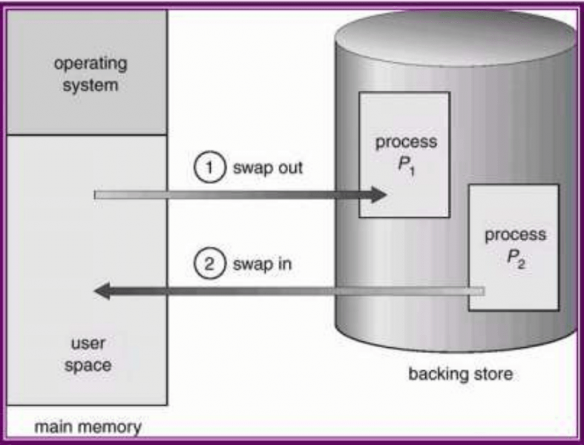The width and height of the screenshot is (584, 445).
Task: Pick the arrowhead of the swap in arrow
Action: (104, 291)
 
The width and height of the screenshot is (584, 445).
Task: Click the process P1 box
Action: (404, 154)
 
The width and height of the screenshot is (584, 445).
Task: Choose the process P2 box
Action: (513, 247)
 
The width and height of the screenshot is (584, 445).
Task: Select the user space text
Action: (91, 355)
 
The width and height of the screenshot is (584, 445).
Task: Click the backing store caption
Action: (460, 373)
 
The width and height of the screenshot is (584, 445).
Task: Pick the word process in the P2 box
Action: (514, 235)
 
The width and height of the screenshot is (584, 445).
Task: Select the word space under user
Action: (91, 366)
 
